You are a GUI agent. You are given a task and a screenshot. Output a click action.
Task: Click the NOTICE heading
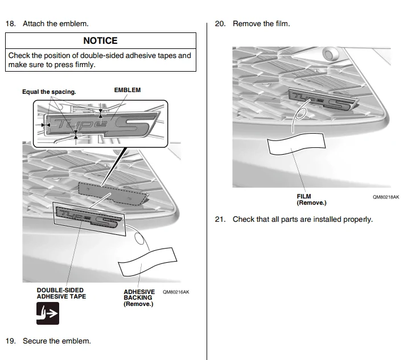coord(100,41)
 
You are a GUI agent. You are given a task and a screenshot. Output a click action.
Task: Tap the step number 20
coord(220,24)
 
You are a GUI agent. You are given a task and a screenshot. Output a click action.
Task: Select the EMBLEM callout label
coord(127,90)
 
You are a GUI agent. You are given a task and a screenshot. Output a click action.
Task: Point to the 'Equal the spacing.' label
coord(49,92)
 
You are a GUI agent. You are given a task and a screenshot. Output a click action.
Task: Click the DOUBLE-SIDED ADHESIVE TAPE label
coord(61,293)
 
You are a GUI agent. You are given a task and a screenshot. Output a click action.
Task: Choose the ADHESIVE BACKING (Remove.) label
coord(138,297)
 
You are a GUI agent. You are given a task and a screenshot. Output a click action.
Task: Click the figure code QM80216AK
coord(176,292)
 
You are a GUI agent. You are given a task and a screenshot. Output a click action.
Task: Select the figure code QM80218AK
coord(386,197)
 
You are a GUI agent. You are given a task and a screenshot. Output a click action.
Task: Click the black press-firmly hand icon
coord(48,313)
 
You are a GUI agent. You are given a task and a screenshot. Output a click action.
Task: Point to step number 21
coord(220,219)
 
